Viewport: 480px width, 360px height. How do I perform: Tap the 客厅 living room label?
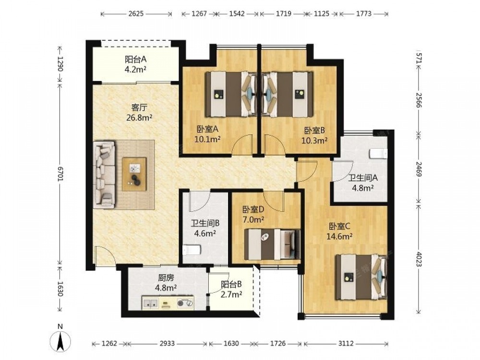[x=139, y=108]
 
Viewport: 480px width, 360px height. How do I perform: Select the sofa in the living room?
[x=104, y=175]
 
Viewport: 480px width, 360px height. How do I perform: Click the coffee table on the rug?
[x=134, y=174]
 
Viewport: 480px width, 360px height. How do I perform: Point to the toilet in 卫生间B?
[x=192, y=250]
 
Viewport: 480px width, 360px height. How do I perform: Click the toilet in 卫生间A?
[x=379, y=154]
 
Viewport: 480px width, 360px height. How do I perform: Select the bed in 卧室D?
[x=272, y=244]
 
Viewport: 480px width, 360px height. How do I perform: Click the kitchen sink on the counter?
[x=150, y=303]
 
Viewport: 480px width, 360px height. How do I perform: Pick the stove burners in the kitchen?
[x=185, y=303]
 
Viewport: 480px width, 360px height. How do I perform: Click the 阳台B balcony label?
[x=231, y=284]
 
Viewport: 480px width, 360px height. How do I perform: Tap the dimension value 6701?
[x=60, y=174]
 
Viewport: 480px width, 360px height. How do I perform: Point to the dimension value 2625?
[x=136, y=14]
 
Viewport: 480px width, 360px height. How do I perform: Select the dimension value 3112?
[x=345, y=344]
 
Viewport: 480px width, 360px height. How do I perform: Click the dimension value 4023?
[x=419, y=259]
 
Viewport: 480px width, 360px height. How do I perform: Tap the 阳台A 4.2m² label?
[x=135, y=64]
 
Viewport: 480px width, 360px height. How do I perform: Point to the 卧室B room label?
[x=314, y=131]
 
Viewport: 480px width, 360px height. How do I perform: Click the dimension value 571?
[x=419, y=59]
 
